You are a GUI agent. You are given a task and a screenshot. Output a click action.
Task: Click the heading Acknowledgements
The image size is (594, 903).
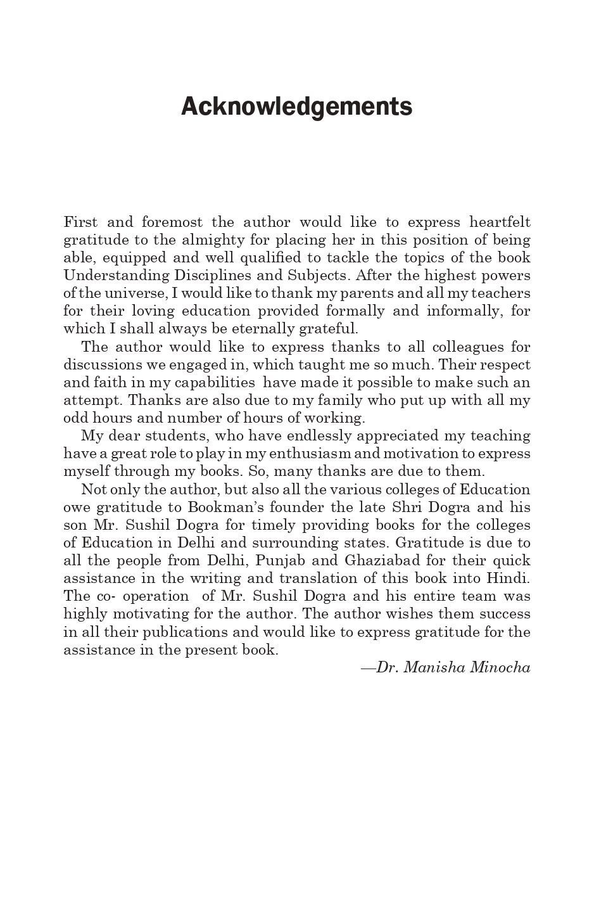296,106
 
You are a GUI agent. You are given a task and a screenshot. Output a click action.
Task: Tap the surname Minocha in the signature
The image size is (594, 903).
500,667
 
